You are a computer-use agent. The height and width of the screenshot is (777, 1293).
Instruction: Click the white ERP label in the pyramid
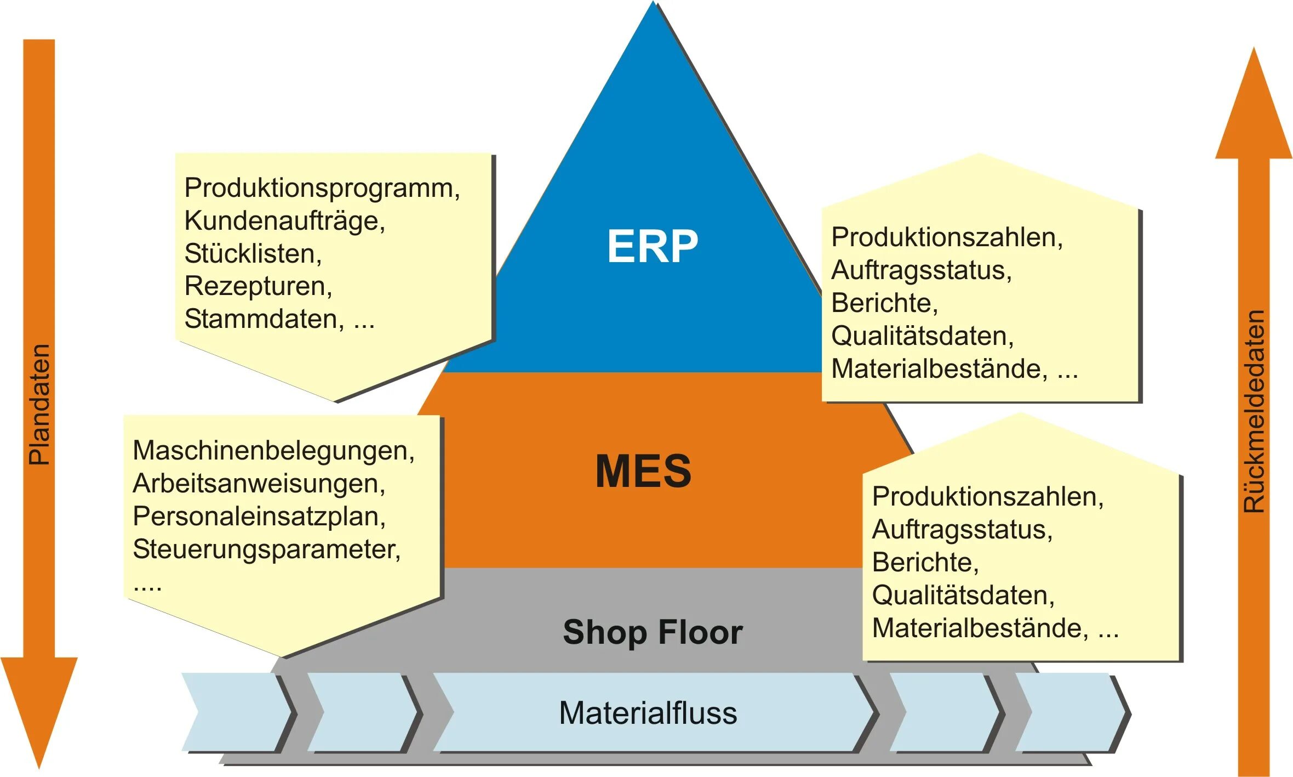coord(652,246)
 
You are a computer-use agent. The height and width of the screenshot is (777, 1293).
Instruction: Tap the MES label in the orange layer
coord(643,471)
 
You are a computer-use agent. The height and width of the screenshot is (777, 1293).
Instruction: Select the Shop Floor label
coord(653,632)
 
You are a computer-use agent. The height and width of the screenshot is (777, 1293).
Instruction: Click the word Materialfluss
coord(648,713)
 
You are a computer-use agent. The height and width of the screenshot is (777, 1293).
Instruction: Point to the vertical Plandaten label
coord(39,405)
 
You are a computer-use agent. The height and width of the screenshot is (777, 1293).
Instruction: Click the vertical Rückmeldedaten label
coord(1254,411)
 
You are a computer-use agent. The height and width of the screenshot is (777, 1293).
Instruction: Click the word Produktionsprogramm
coord(321,188)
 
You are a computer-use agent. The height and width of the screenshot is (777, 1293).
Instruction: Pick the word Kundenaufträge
coord(283,221)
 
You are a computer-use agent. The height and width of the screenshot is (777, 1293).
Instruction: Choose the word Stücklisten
coord(251,253)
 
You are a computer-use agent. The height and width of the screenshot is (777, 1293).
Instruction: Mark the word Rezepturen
coord(257,286)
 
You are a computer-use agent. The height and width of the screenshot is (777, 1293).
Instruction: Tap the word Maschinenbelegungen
coord(272,451)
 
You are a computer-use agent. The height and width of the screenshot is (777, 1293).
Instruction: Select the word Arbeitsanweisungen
coord(258,484)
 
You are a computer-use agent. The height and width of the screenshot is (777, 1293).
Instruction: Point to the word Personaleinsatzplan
coord(258,517)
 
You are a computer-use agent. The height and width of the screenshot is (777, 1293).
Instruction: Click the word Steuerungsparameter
coord(266,549)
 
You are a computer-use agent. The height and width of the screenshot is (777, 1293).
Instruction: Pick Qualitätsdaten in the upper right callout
coord(921,336)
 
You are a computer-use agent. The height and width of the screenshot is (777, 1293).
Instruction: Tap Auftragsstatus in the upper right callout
coord(920,270)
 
